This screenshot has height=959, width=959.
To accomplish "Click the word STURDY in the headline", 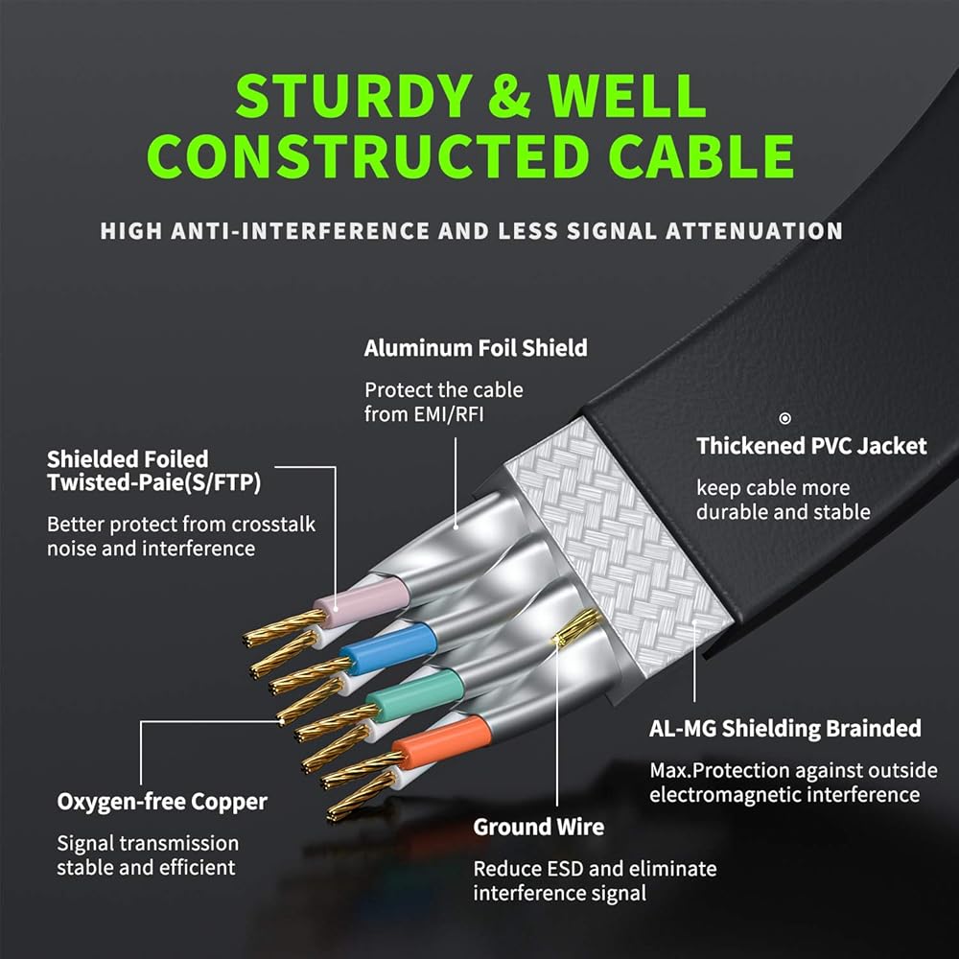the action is click(354, 95).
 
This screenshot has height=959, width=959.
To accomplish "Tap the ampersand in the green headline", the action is click(509, 95).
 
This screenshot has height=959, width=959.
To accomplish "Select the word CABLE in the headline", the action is click(701, 156).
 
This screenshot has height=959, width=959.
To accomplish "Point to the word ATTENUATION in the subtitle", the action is click(754, 231).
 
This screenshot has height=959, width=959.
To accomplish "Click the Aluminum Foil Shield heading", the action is click(476, 348).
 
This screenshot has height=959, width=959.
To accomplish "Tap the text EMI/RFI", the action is click(449, 414).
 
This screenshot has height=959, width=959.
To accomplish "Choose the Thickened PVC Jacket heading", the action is click(811, 446).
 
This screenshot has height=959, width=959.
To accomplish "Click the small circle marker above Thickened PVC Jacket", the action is click(784, 418).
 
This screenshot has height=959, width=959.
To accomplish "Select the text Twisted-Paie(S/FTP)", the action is click(154, 482).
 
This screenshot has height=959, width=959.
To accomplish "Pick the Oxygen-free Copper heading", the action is click(162, 802).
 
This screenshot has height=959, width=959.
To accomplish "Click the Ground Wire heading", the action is click(539, 827).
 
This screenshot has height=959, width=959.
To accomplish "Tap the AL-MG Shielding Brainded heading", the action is click(785, 729).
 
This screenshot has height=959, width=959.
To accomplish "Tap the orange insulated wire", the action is click(441, 741).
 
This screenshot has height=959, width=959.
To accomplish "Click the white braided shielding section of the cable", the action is click(619, 547).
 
